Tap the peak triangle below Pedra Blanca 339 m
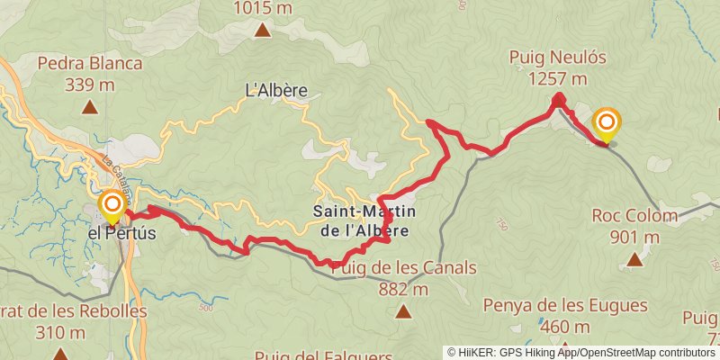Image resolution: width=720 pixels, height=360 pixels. (x=90, y=108)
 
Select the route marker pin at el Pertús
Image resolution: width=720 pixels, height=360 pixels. (x=112, y=205)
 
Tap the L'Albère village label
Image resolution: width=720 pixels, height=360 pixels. (x=277, y=90)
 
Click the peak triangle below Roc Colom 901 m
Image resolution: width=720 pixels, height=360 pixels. (x=634, y=260)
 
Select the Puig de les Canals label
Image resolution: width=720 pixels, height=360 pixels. (x=404, y=268)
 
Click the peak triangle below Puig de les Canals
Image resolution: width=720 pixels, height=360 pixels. (x=403, y=312)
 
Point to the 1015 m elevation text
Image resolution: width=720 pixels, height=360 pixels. (x=263, y=9)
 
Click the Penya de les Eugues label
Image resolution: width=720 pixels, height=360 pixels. (x=565, y=306)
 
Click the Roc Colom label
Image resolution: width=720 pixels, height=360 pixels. (x=634, y=216)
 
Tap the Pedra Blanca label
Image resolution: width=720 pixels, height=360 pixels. (x=90, y=64)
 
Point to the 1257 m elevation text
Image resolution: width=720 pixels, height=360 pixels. (x=558, y=79)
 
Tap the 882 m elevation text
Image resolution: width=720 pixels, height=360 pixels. (x=404, y=289)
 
